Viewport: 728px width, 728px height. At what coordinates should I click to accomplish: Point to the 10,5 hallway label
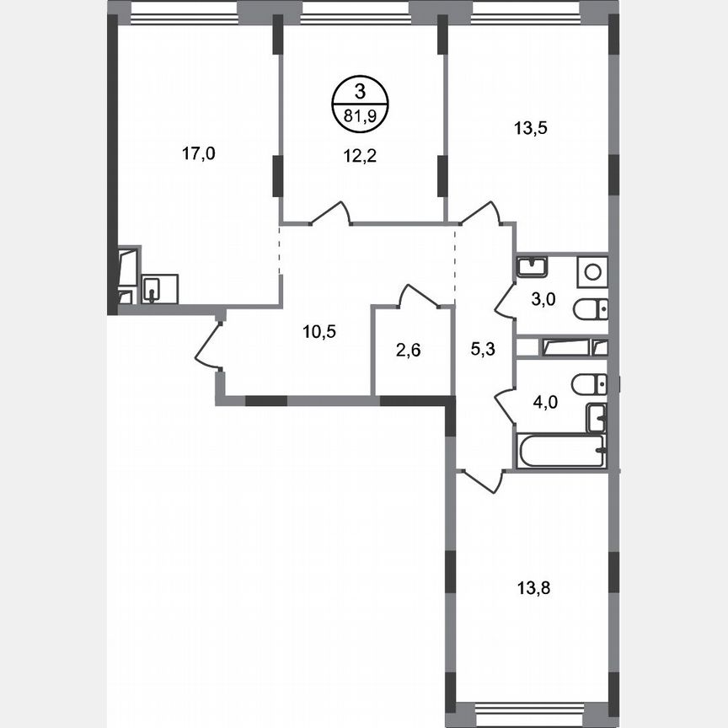point(319,331)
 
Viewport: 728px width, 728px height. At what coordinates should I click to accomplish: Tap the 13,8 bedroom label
point(531,583)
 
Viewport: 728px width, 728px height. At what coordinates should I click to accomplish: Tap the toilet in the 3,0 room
point(589,309)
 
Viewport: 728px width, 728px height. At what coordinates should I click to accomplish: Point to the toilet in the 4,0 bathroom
point(589,384)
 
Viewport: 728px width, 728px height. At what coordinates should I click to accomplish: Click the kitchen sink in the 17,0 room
point(158,289)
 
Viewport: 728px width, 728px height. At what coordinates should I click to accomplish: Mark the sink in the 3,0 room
point(533,267)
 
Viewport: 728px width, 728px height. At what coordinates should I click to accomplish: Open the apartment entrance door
point(206,345)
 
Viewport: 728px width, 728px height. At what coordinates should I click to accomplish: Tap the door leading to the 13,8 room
point(482,480)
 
